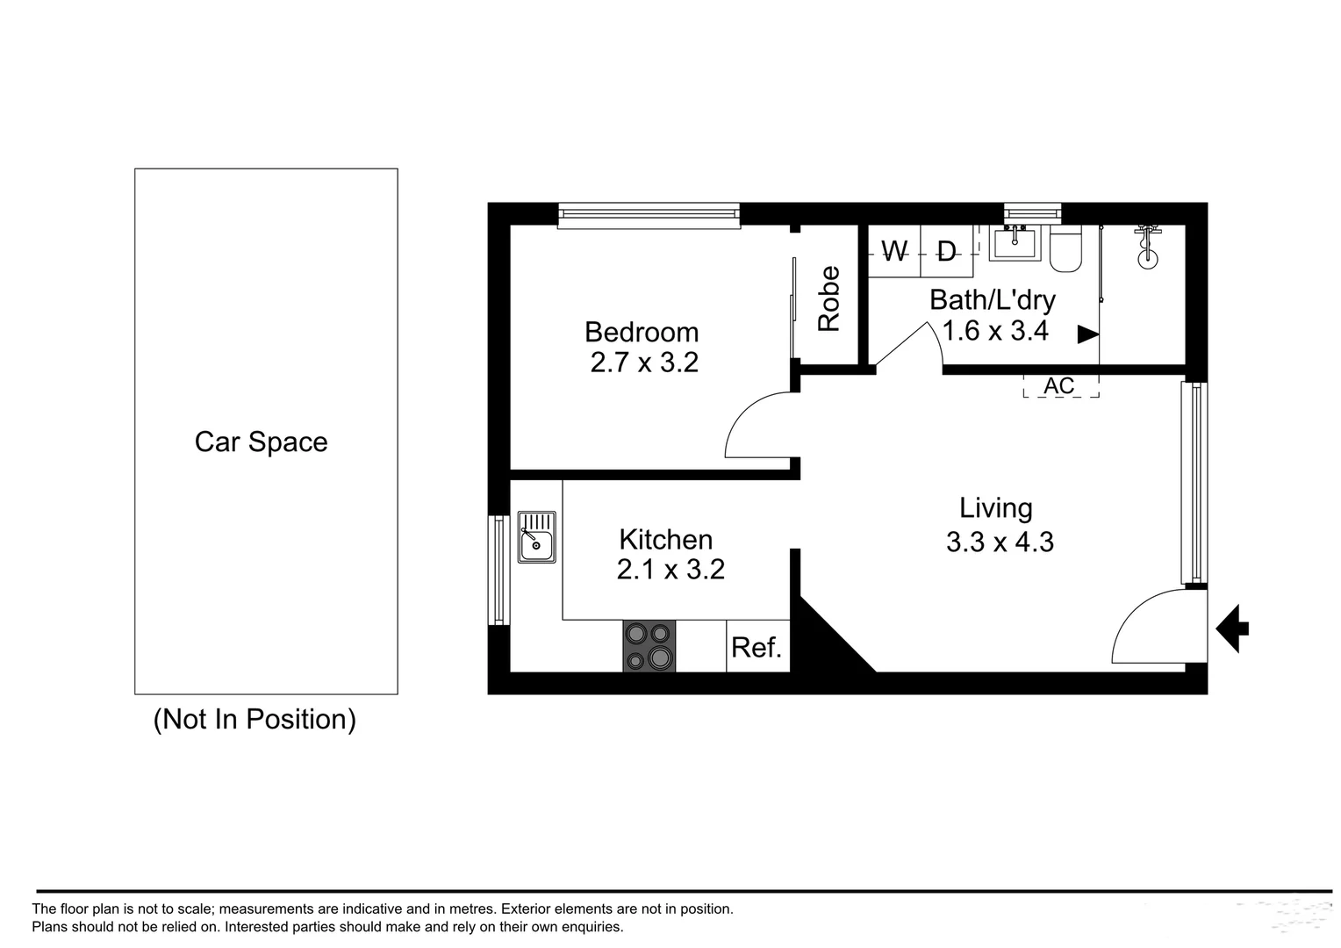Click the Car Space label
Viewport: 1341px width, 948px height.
[x=261, y=442]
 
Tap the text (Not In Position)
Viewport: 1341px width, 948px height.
[x=255, y=719]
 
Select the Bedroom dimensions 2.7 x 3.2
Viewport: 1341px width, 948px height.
[x=644, y=363]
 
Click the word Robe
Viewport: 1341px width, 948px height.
[x=829, y=298]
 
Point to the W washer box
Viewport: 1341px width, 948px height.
[x=893, y=252]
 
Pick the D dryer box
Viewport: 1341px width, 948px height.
[x=946, y=252]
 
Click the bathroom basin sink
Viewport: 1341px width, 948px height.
[x=1014, y=242]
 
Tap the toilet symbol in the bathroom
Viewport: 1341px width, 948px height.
[x=1066, y=250]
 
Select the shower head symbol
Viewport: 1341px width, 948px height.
[x=1147, y=247]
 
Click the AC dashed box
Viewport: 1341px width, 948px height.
[x=1060, y=386]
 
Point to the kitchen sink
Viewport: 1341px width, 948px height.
[x=536, y=537]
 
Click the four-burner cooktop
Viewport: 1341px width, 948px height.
[x=649, y=646]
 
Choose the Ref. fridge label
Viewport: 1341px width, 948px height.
[x=757, y=648]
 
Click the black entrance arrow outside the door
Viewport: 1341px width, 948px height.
[x=1233, y=628]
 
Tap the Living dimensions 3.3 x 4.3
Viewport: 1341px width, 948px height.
[x=1000, y=542]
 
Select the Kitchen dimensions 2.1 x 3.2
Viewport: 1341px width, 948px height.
[x=670, y=570]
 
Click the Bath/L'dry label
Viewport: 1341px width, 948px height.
[x=993, y=300]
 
